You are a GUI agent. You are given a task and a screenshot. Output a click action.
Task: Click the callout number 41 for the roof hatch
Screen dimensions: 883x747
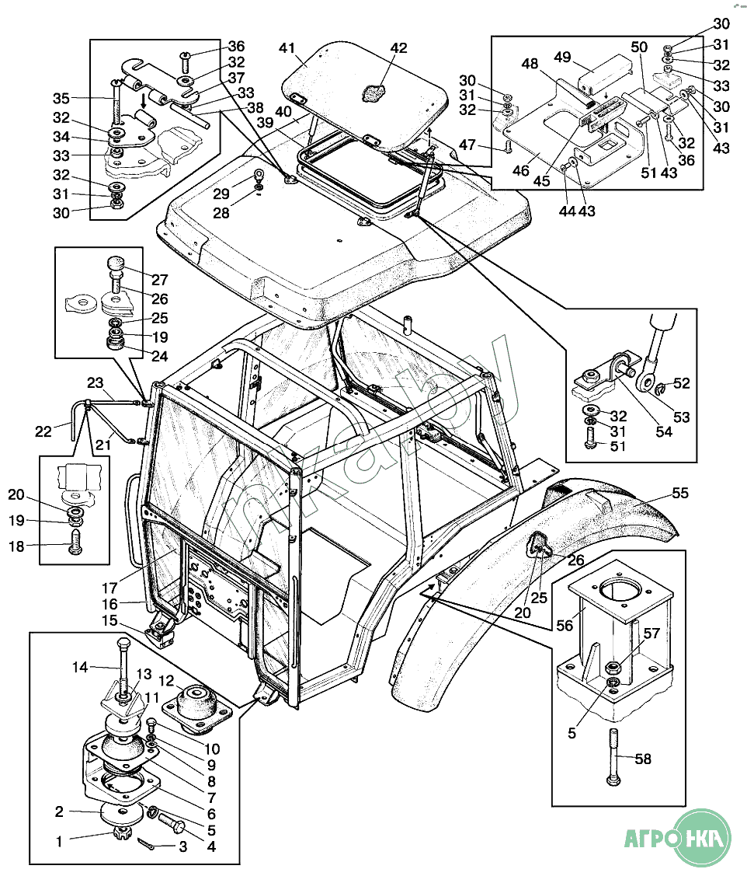288,48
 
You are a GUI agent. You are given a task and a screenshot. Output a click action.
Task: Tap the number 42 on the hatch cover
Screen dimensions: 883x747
398,48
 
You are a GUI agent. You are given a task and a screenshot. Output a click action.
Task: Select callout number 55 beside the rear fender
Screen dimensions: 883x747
681,493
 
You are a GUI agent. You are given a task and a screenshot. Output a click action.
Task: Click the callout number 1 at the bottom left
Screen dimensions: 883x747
58,840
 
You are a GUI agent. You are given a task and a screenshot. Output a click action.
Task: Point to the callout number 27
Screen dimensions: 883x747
160,280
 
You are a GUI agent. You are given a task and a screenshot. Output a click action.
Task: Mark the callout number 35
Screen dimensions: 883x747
61,98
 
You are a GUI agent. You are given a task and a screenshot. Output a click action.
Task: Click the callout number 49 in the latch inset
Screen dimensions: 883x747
562,57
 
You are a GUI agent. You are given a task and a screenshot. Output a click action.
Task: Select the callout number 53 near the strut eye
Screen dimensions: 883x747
681,417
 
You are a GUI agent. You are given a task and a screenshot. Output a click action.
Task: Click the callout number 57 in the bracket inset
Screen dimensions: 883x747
651,633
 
